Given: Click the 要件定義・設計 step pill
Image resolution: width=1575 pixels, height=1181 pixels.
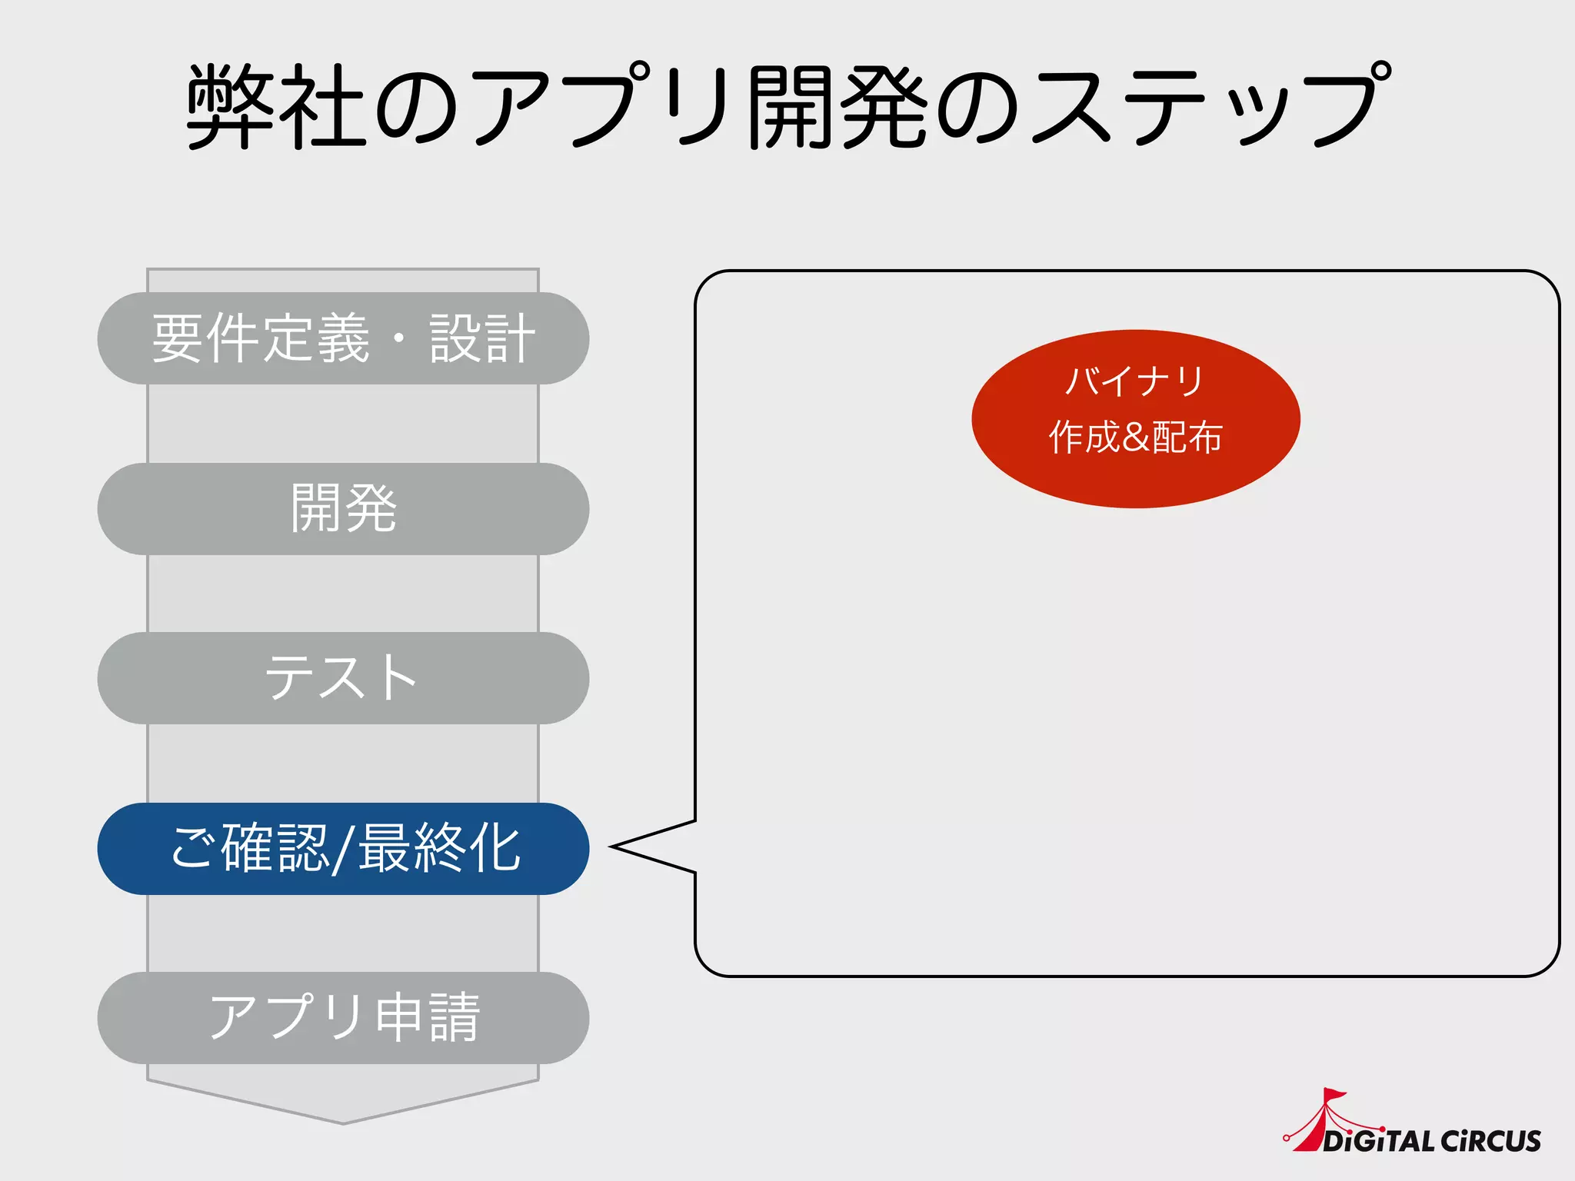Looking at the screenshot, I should (x=343, y=338).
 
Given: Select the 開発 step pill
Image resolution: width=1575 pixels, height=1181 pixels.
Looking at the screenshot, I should (x=343, y=509).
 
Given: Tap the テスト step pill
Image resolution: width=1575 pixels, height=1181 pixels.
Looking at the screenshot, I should (x=343, y=678).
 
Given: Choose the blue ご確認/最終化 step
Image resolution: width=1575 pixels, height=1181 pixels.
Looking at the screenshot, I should (x=343, y=849).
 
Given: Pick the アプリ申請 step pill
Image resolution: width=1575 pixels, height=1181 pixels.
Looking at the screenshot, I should (x=343, y=1018).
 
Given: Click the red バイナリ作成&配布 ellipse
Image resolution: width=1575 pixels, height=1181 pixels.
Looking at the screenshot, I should (x=1135, y=419).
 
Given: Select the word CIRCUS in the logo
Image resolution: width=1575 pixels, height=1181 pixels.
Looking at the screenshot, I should (x=1491, y=1141).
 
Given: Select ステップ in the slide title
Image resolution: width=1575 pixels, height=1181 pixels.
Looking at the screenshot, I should (x=1211, y=105).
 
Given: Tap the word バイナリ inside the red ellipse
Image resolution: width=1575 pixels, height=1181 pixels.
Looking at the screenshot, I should (x=1135, y=381).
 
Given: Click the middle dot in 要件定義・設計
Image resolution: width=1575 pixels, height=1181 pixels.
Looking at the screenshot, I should (x=399, y=338).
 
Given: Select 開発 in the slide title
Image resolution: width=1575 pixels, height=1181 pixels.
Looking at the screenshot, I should (x=837, y=105).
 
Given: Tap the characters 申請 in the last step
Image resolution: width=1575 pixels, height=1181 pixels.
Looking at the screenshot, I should (x=428, y=1018).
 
